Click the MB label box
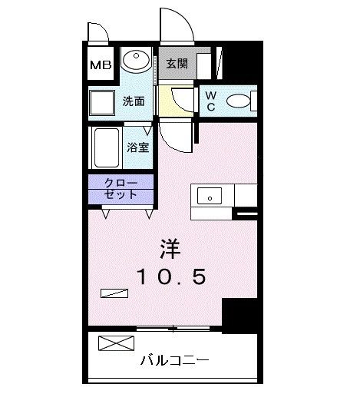[100, 65]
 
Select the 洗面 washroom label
[133, 101]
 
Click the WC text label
[211, 101]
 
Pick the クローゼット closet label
[119, 190]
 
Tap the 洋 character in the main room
[170, 250]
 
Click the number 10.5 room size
[170, 277]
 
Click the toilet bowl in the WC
[239, 101]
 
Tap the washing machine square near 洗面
[101, 102]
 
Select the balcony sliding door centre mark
[173, 329]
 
